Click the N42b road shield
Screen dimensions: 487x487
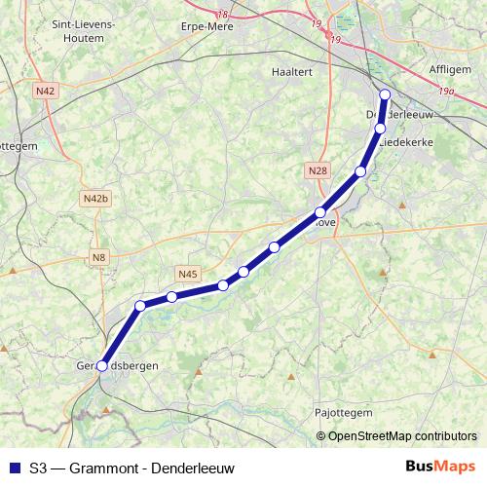tap(95, 199)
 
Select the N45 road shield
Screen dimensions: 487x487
tap(188, 274)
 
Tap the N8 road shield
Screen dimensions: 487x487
tap(98, 257)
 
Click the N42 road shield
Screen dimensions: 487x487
tap(44, 91)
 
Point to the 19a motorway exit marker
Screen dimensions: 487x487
tap(447, 92)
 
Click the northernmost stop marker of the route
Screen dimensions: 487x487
tap(385, 94)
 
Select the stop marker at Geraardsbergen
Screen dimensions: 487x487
tap(101, 366)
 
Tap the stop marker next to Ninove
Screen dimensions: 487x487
tap(320, 212)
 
